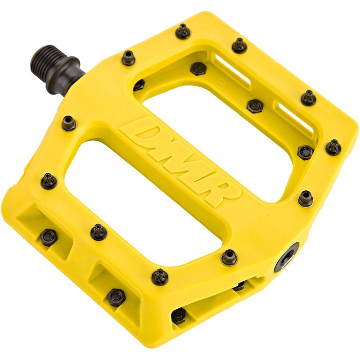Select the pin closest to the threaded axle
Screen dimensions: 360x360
(x=128, y=58)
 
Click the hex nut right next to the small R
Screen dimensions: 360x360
(x=198, y=68)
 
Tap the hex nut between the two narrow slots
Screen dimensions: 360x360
(x=255, y=106)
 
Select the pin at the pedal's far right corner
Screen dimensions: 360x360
(x=333, y=147)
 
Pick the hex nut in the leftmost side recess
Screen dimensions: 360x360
(x=48, y=237)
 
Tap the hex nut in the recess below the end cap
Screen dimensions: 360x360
(x=179, y=315)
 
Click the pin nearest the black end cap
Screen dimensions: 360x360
(x=229, y=257)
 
